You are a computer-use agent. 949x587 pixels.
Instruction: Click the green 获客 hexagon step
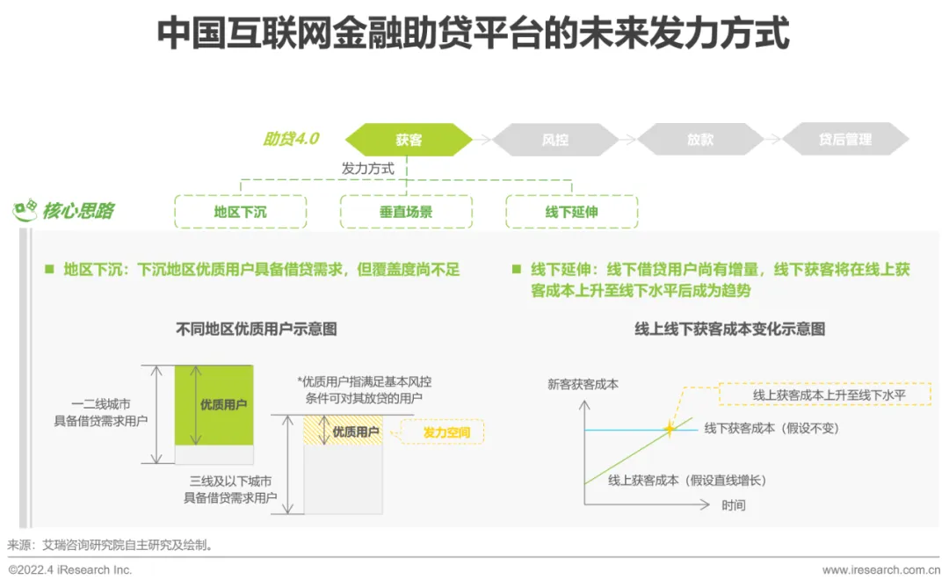[x=409, y=140]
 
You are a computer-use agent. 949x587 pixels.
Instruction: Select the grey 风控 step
[x=554, y=140]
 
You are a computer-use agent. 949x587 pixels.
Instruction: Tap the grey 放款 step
[x=700, y=140]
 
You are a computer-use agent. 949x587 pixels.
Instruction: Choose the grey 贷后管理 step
[x=845, y=140]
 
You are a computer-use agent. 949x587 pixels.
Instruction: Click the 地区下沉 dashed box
[x=240, y=212]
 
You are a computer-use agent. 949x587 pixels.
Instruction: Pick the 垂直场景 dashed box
[x=406, y=212]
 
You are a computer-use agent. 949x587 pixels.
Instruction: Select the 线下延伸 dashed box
[x=571, y=212]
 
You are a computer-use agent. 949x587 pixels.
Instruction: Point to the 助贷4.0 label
[x=291, y=139]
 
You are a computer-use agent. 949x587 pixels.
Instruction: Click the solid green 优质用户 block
[x=214, y=405]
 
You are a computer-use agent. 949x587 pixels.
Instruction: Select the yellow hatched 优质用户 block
[x=343, y=431]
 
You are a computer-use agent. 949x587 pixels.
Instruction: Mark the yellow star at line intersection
[x=669, y=429]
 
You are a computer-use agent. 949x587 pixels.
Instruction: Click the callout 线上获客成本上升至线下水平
[x=829, y=395]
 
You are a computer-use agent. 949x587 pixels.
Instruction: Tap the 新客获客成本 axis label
[x=582, y=384]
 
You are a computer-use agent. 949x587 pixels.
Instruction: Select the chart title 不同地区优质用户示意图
[x=257, y=330]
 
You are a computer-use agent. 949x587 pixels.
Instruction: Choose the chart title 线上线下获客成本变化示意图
[x=729, y=330]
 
